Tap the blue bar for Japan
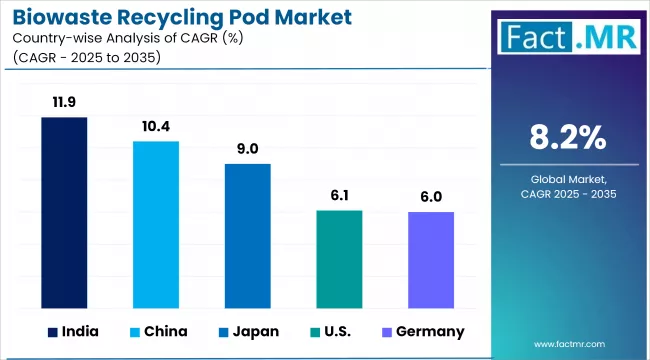coord(247,234)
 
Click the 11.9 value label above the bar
coord(64,102)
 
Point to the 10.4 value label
coord(156,126)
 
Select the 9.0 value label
coord(247,148)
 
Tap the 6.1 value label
coord(339,195)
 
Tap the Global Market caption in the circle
coord(568,177)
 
